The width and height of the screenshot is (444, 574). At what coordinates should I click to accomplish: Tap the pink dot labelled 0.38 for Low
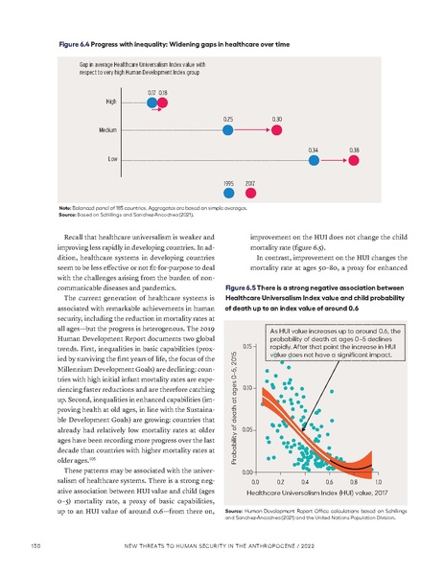[x=355, y=160]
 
